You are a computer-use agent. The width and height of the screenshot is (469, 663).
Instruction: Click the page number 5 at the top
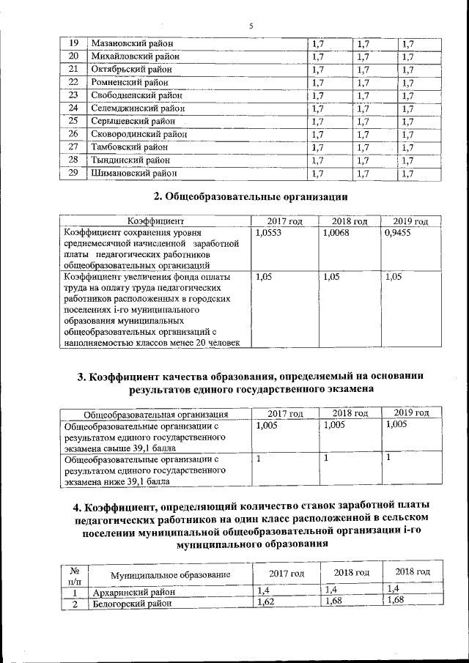coord(251,26)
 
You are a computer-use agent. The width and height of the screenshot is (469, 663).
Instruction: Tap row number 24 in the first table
coord(73,108)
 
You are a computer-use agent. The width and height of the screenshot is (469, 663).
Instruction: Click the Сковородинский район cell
coord(138,135)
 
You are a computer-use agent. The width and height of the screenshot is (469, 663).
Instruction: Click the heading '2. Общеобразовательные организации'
coord(250,197)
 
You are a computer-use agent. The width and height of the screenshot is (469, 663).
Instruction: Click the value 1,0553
coord(268,232)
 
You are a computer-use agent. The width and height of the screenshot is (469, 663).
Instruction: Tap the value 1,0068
coord(336,232)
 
